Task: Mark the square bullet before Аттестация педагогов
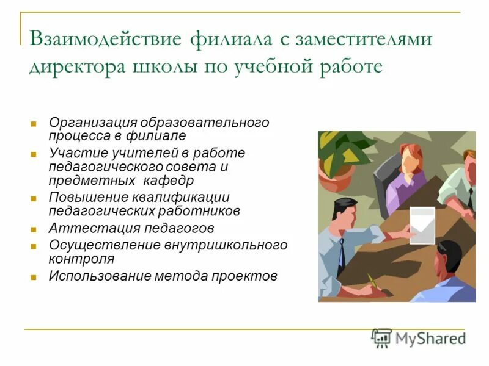tap(34, 230)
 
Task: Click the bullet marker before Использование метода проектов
tap(34, 277)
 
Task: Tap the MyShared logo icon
tap(381, 338)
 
